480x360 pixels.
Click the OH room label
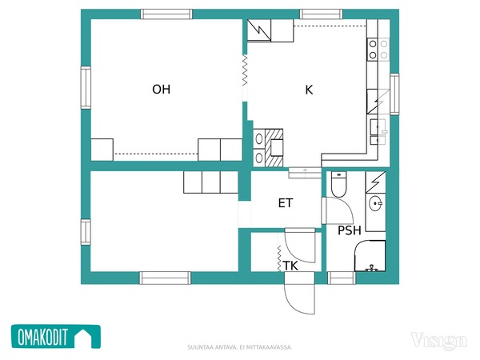(x=162, y=90)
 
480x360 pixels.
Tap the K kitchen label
(x=309, y=90)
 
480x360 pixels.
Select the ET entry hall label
(x=286, y=203)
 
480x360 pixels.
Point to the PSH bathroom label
(x=350, y=230)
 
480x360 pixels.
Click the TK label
(x=290, y=266)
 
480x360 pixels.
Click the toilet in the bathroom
(x=338, y=184)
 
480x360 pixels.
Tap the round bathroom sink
(x=375, y=203)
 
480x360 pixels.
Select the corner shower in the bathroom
(x=370, y=256)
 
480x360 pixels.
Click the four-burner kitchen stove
(x=378, y=50)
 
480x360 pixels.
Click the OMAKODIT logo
(x=56, y=337)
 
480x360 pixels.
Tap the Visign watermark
(x=438, y=341)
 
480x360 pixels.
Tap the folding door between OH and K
(x=245, y=70)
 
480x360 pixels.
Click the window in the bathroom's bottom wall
(x=342, y=278)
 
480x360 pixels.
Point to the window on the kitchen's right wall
(x=394, y=94)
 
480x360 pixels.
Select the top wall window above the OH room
(x=166, y=14)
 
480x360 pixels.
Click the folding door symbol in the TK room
(x=279, y=258)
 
